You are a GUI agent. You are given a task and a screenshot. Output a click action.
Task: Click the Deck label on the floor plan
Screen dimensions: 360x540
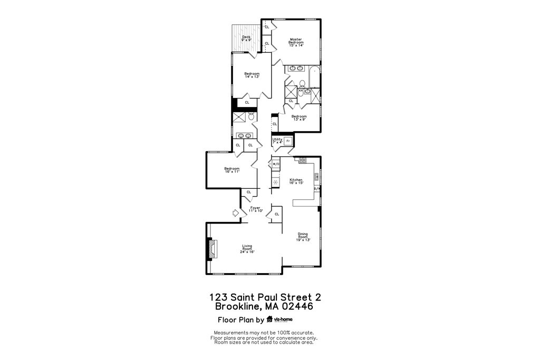(x=246, y=38)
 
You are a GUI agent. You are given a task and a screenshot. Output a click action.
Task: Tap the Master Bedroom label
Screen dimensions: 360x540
(x=296, y=42)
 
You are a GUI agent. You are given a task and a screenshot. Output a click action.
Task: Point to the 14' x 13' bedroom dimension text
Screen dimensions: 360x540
(x=252, y=77)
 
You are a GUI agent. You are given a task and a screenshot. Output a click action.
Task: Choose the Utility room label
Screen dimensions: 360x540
(x=277, y=141)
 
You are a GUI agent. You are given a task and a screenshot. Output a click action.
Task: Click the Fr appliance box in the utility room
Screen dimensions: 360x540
(x=288, y=141)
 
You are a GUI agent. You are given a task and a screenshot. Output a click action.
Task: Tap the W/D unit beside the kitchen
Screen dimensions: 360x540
(x=276, y=164)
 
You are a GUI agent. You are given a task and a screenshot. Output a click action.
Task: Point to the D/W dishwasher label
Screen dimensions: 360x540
(x=317, y=189)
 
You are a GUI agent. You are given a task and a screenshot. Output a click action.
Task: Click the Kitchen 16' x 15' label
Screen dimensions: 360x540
(x=296, y=181)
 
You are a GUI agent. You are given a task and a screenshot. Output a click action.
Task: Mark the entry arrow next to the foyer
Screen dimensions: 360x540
(x=235, y=213)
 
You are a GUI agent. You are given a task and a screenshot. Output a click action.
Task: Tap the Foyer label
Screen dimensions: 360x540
(x=255, y=209)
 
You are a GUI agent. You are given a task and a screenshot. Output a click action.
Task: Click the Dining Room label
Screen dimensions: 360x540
(x=303, y=237)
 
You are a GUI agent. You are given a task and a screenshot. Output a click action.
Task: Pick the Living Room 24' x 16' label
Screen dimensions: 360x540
(x=248, y=249)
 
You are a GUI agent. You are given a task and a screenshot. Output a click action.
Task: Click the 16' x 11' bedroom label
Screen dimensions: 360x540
(x=232, y=170)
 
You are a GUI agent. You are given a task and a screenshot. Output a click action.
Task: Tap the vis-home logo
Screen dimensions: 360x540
(x=279, y=319)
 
